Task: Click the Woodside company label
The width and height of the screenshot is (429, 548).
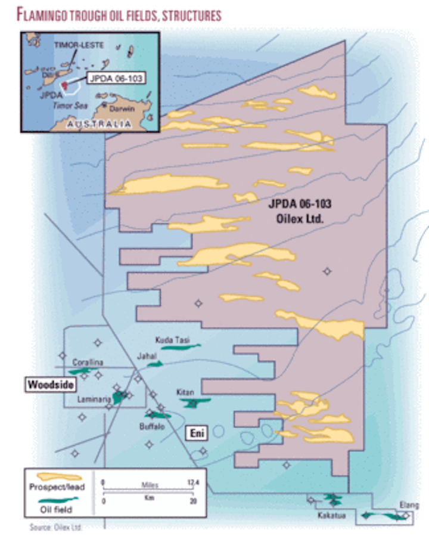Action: [51, 385]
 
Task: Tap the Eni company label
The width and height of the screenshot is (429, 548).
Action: [198, 434]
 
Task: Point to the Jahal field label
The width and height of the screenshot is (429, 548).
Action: [145, 355]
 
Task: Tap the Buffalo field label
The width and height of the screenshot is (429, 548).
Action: [152, 426]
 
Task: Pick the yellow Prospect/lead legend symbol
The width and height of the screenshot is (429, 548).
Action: [58, 477]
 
